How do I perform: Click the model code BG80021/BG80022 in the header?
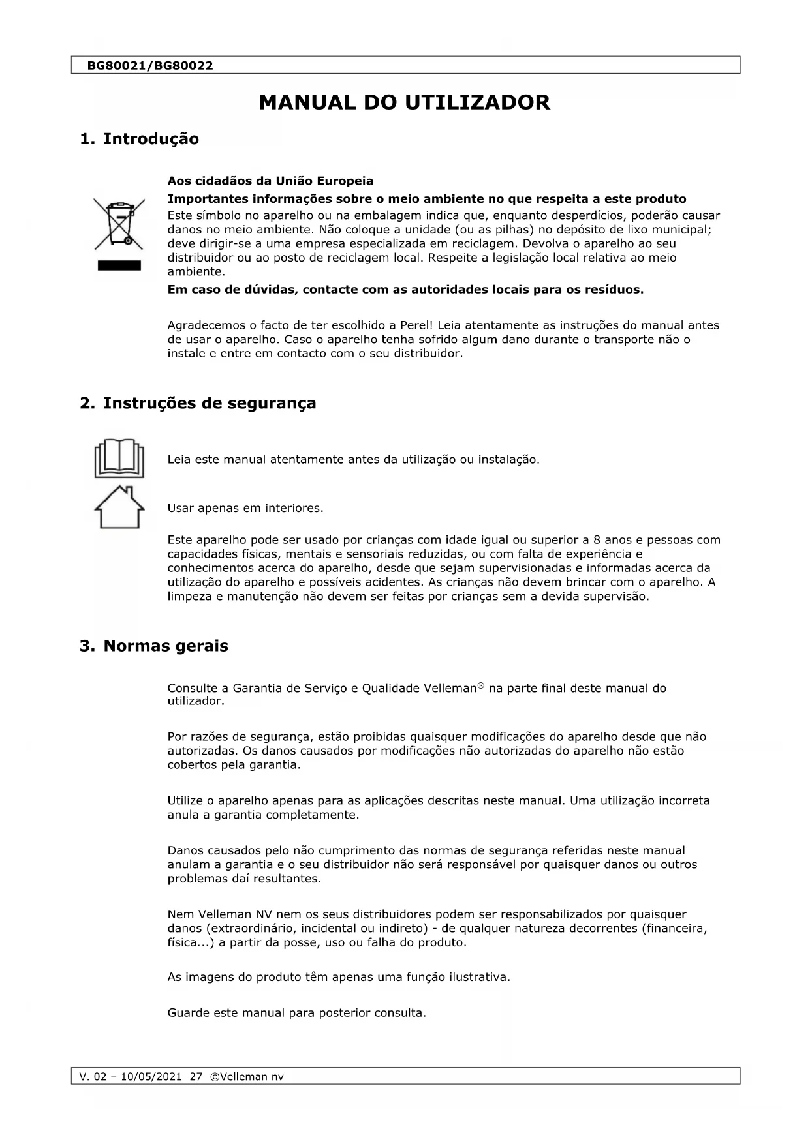tap(150, 66)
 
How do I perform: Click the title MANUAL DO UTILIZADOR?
tap(405, 102)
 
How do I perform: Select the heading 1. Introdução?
tap(139, 139)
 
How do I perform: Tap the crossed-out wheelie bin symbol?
tap(119, 224)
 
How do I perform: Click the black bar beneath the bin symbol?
tap(119, 265)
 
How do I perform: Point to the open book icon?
tap(119, 459)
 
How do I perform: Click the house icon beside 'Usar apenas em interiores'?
tap(119, 507)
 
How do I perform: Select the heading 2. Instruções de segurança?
tap(198, 403)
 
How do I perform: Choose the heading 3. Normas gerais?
tap(154, 646)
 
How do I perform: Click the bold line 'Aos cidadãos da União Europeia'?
tap(270, 181)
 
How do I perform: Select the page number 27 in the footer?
tap(196, 1077)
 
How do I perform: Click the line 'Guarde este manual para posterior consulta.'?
tap(296, 1013)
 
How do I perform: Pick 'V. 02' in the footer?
tap(92, 1077)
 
